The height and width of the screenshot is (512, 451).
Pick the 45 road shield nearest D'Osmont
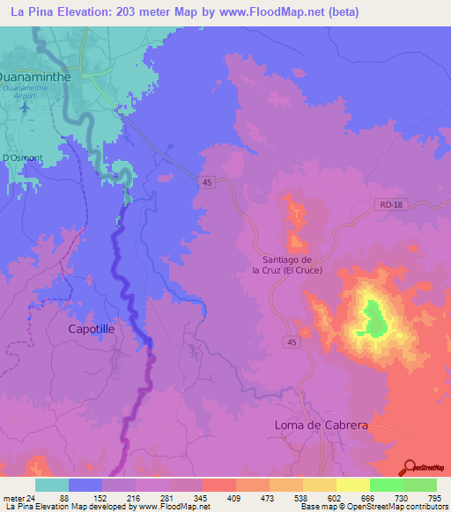point(206,182)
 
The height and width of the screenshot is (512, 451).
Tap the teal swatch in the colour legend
point(52,485)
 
